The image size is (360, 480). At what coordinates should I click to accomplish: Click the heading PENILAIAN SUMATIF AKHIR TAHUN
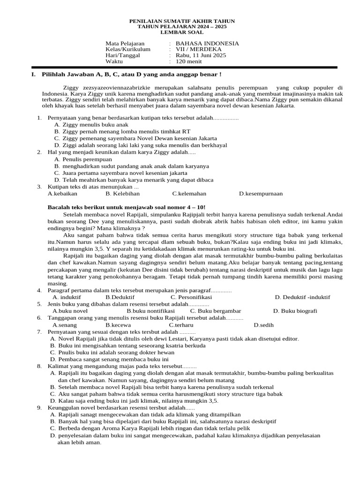(182, 22)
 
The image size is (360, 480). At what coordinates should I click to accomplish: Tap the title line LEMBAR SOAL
(182, 32)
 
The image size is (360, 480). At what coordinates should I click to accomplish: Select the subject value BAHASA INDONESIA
(207, 44)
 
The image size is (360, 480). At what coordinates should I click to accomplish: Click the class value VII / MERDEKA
(198, 49)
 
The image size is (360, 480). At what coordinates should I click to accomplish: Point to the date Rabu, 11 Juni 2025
(201, 55)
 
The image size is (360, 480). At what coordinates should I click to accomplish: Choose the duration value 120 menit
(188, 61)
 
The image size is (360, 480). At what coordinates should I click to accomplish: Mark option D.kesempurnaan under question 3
(261, 193)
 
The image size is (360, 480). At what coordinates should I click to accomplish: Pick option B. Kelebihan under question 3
(122, 193)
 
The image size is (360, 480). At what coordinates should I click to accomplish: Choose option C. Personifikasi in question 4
(191, 297)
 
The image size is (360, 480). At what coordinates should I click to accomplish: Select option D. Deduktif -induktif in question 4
(302, 297)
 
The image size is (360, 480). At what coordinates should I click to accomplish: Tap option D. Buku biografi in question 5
(295, 311)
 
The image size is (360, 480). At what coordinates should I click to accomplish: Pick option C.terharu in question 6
(181, 325)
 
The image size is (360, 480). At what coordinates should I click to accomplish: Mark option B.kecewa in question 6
(118, 325)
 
